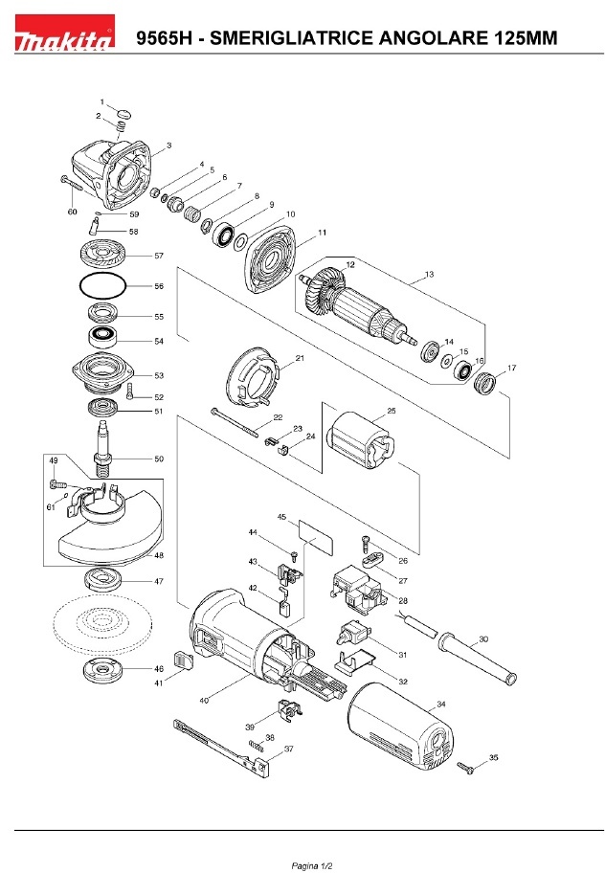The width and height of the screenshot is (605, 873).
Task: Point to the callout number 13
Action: tap(429, 275)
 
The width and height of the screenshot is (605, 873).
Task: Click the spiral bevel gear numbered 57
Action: tap(102, 256)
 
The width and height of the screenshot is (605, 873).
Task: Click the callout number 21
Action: tap(300, 358)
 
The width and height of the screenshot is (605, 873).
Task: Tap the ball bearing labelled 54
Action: tap(101, 338)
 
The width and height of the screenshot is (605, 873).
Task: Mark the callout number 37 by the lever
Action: tap(288, 749)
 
